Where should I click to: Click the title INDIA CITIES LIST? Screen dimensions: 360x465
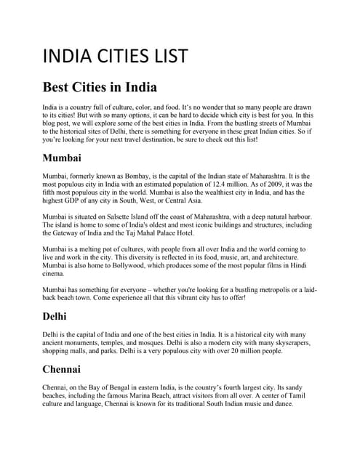[116, 57]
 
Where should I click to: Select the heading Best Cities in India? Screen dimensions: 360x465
[100, 88]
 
